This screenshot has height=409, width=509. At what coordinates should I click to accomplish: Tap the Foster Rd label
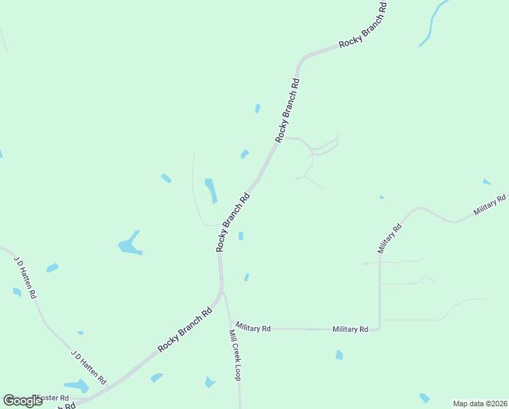coord(53,397)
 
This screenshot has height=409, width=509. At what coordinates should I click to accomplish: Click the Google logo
coord(22,401)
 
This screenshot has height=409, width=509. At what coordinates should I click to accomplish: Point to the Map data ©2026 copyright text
coord(480,403)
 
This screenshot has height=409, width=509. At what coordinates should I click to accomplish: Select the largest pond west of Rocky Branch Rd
coord(129,245)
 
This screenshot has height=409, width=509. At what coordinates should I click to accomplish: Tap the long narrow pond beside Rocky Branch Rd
coord(211,190)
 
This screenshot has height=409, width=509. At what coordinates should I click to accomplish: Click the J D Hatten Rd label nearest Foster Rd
coord(89,367)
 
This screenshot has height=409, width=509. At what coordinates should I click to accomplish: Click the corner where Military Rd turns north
coord(379,328)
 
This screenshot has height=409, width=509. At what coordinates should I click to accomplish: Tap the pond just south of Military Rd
coord(339,354)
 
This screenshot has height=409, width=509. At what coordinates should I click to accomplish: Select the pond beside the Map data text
coord(425,397)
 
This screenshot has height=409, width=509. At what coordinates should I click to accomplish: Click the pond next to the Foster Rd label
coord(76,387)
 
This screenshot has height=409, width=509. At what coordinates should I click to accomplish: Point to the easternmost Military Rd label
coord(490,205)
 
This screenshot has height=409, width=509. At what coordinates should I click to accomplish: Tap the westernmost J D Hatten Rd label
coord(25,277)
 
